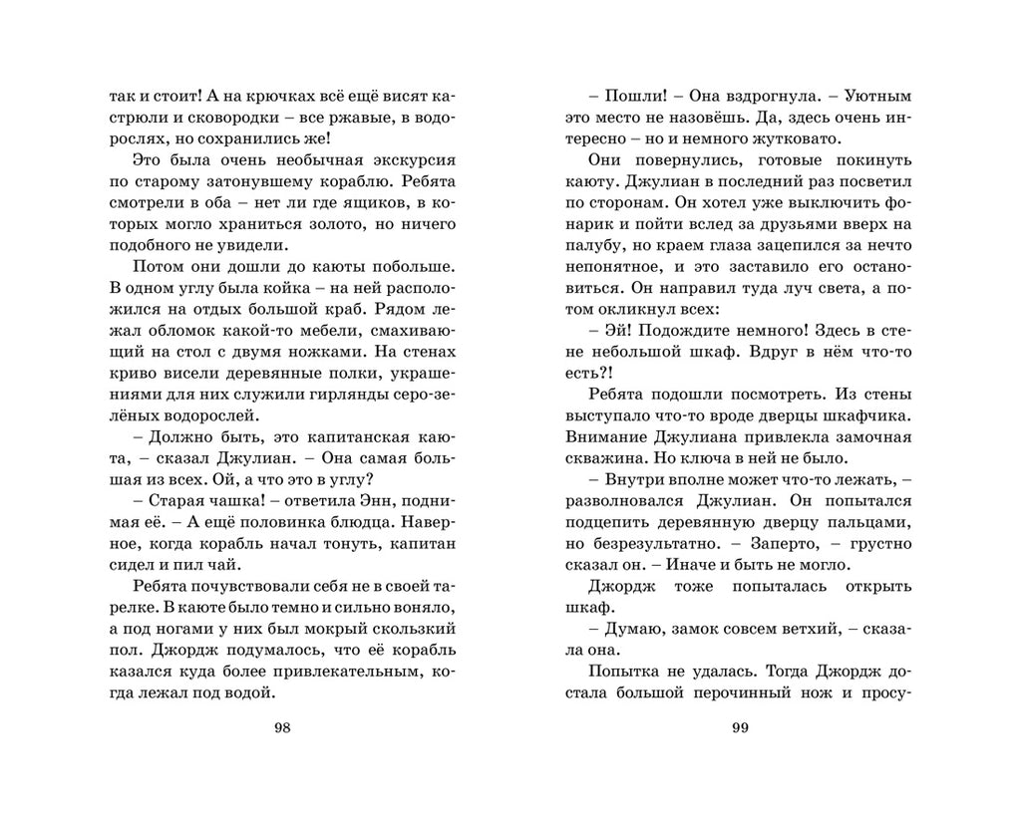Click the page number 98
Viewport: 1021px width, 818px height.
tap(281, 727)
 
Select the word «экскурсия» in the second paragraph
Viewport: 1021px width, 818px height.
tap(408, 160)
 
